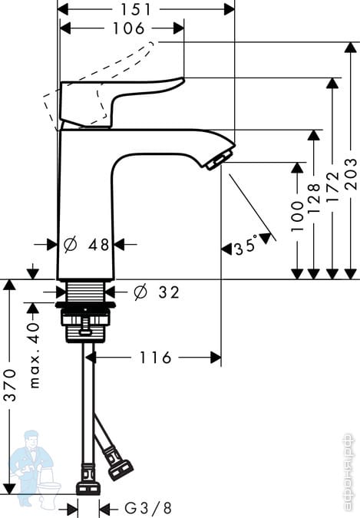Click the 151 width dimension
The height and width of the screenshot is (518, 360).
pos(136,9)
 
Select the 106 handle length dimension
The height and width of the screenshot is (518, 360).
pos(129,28)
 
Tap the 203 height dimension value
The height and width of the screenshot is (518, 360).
pos(351,174)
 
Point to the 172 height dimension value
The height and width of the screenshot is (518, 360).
pos(332,187)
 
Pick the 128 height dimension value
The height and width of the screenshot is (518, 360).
pos(314,198)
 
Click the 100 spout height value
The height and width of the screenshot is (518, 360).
pos(297,216)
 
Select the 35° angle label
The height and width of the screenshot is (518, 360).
pos(246,245)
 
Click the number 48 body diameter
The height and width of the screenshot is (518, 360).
pos(98,245)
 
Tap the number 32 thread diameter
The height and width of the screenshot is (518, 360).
pos(169,292)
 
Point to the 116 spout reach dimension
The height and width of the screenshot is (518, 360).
pos(156,358)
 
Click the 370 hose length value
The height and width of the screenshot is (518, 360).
pos(12,385)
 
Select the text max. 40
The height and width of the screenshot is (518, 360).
pos(35,355)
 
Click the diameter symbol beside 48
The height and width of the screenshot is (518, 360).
pos(70,245)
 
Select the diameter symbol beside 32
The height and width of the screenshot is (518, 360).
pos(140,292)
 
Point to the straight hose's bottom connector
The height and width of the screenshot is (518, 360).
pos(88,487)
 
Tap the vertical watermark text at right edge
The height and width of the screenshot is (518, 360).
pos(348,472)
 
